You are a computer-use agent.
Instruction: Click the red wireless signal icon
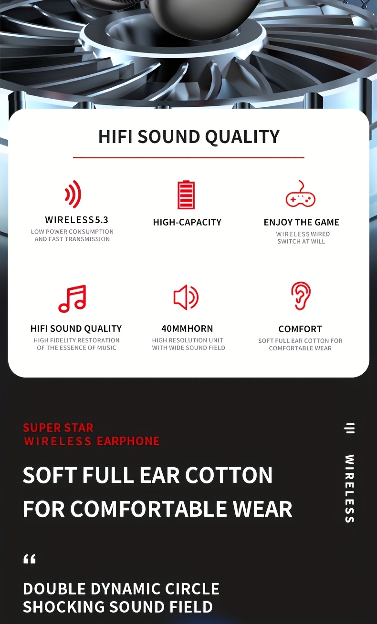(73, 194)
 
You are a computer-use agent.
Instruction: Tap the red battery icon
(186, 194)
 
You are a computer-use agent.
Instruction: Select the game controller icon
(300, 194)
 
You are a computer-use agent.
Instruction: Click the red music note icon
(72, 298)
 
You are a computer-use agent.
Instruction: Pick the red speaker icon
(186, 297)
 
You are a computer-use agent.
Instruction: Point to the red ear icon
(301, 296)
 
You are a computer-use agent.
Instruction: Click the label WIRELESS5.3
(77, 220)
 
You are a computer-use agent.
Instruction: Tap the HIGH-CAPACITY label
(187, 222)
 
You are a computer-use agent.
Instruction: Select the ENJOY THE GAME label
(302, 222)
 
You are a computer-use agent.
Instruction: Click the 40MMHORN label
(187, 328)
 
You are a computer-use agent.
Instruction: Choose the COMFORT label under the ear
(300, 329)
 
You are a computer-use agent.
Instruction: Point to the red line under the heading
(188, 158)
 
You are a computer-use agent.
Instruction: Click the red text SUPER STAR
(58, 428)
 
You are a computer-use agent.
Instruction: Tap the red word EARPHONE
(128, 441)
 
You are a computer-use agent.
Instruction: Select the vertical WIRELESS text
(350, 489)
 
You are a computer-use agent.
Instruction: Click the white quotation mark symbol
(30, 559)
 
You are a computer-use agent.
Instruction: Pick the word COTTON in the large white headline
(229, 475)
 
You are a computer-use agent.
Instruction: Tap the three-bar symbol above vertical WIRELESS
(350, 429)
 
